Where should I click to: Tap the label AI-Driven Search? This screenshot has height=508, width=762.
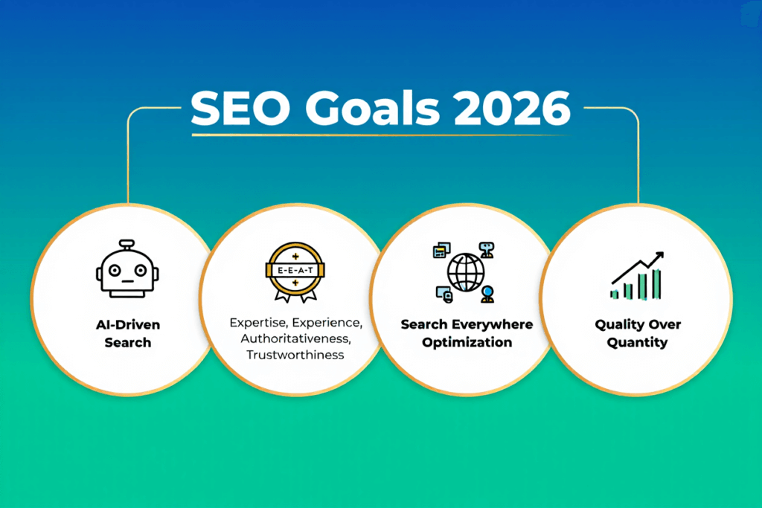(x=127, y=333)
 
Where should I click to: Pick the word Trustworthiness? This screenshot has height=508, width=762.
(x=295, y=355)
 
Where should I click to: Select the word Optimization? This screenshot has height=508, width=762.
(x=467, y=342)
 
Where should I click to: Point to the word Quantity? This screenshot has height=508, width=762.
(x=637, y=343)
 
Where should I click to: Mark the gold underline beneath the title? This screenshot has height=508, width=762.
(x=380, y=135)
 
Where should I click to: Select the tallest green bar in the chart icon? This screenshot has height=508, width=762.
(x=657, y=283)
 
